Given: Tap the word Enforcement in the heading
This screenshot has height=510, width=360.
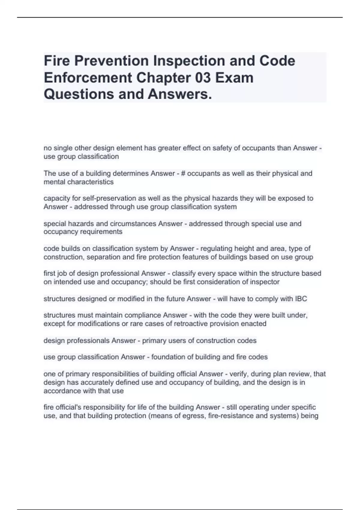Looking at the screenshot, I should point(88,78).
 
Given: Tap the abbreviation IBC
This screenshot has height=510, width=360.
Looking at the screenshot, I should point(301,299).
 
